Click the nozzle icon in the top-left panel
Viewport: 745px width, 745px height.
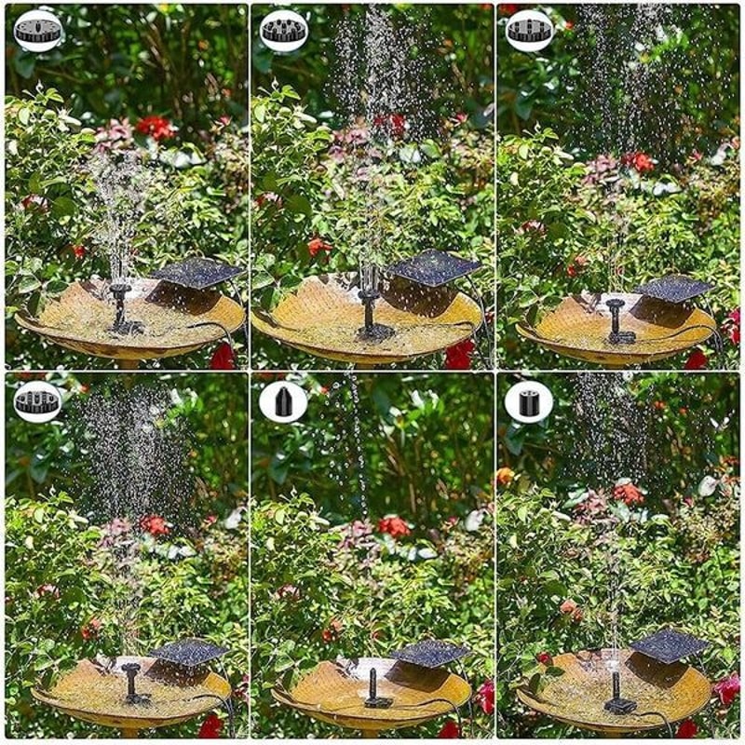pos(38,31)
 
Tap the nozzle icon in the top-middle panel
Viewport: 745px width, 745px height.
pos(284,31)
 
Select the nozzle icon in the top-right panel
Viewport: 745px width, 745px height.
pos(530,31)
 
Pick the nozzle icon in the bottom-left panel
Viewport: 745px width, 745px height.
pos(38,401)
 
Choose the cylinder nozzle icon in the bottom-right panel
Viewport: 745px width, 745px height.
pos(530,401)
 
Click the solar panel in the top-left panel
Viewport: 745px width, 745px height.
pos(196,273)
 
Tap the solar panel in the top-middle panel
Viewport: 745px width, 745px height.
pos(435,267)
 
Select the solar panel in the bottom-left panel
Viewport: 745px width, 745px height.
pos(189,651)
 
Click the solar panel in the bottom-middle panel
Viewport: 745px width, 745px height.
pos(430,653)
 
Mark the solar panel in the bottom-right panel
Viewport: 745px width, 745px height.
pos(670,645)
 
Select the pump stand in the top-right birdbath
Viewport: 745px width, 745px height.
pos(616,321)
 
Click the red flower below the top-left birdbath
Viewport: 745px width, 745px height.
pos(223,358)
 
